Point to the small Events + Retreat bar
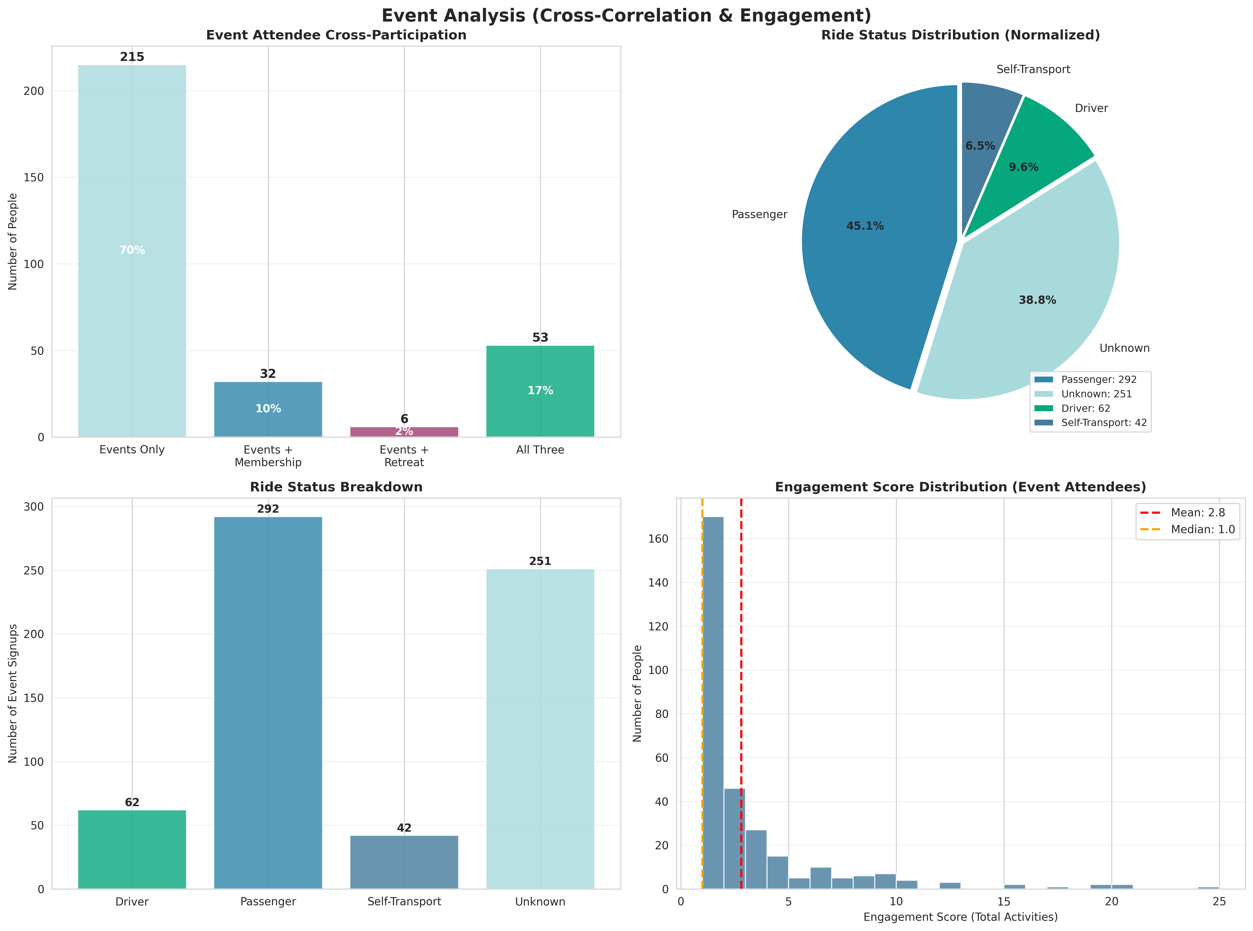404,432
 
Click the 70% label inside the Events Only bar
132,250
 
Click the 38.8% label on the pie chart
1037,300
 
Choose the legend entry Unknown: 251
1096,394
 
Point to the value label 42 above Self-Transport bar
404,828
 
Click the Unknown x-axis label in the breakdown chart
540,902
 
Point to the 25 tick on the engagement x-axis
1219,902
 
